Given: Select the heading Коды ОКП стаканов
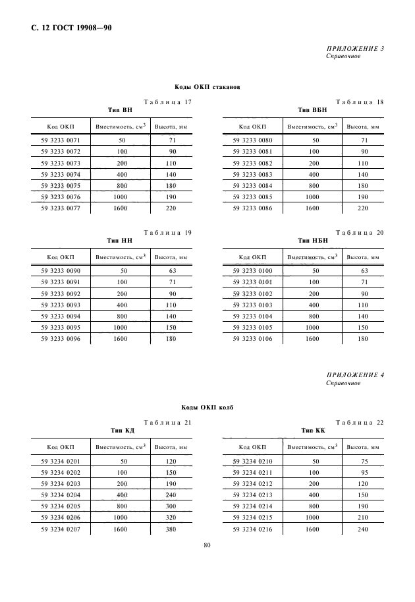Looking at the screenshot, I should point(207,87).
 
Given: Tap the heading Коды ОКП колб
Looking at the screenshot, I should point(207,408).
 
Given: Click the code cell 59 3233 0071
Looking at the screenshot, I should point(61,140).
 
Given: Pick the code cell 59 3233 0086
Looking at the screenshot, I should point(253,208).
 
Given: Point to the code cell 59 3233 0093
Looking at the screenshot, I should point(61,305).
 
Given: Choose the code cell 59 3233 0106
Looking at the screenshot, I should point(253,339).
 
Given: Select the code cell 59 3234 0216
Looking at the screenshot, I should point(253,529).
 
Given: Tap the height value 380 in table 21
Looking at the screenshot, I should point(171,529).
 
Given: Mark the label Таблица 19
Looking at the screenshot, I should point(167,233).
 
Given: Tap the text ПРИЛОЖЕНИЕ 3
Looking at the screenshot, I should point(355,49).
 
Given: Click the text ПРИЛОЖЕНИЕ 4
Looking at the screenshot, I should point(355,375).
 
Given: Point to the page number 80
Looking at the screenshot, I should point(207,545).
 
